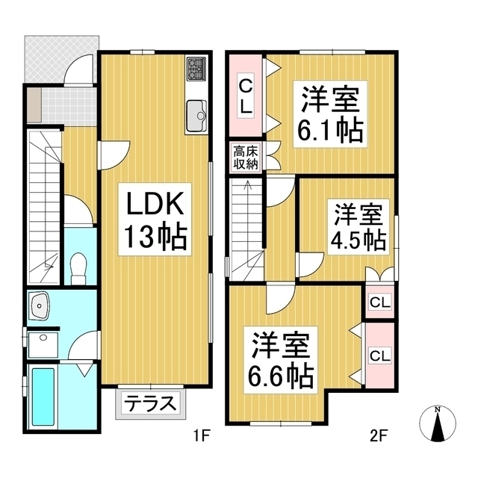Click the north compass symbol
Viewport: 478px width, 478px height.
(439, 426)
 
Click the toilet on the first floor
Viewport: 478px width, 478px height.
(77, 267)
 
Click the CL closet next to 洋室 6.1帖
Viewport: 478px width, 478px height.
(245, 95)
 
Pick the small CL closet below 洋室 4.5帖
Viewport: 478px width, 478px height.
(379, 302)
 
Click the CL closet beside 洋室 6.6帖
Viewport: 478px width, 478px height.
(380, 356)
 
